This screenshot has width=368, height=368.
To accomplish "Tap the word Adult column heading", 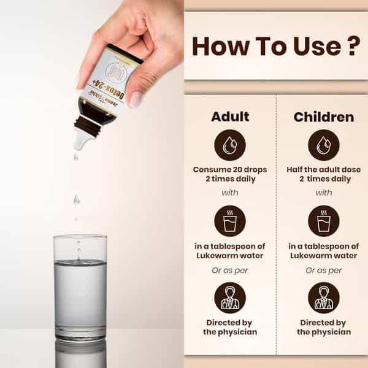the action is click(230, 117).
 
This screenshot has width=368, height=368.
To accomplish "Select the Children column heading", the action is click(324, 117).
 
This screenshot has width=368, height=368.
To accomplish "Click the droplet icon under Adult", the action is click(230, 145).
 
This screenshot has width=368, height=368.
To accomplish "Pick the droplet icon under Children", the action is click(324, 145).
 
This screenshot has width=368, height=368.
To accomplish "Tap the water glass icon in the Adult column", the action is click(230, 221).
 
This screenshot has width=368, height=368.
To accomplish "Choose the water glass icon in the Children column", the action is click(324, 221).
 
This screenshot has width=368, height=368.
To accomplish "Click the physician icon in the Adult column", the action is click(230, 297).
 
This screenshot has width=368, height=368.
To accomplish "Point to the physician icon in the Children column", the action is click(324, 297).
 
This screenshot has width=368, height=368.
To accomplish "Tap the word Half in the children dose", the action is click(294, 169).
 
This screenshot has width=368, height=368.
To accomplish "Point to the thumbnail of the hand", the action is click(136, 99).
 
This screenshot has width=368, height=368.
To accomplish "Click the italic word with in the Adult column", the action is click(230, 193).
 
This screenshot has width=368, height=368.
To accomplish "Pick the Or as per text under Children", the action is click(324, 270).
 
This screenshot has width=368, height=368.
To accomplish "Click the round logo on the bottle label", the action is click(116, 72).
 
